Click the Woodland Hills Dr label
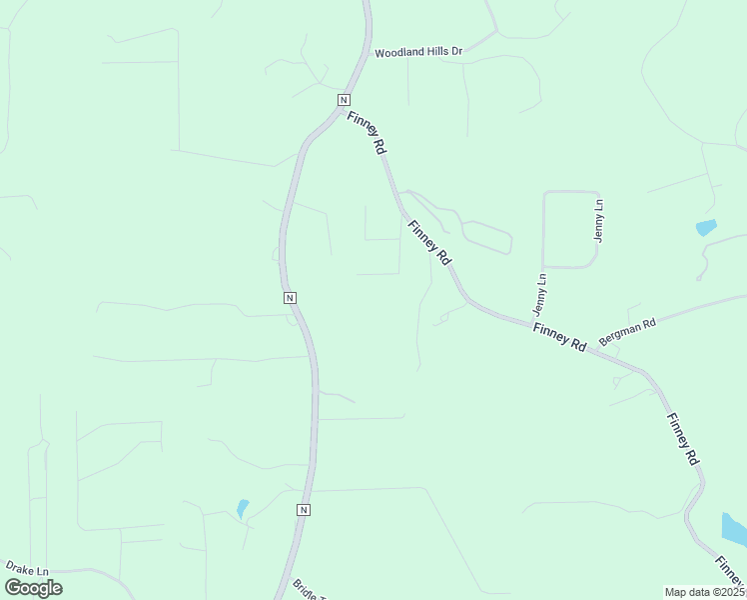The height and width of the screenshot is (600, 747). pyautogui.click(x=419, y=52)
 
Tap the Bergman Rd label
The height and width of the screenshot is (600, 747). pyautogui.click(x=627, y=332)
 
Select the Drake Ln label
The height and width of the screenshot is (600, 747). pyautogui.click(x=27, y=567)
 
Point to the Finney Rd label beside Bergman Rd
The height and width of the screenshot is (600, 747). pyautogui.click(x=559, y=336)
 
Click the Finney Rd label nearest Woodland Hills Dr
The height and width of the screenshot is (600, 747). pyautogui.click(x=367, y=132)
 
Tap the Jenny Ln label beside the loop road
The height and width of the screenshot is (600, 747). pyautogui.click(x=599, y=220)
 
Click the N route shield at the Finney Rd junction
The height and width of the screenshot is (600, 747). pyautogui.click(x=344, y=100)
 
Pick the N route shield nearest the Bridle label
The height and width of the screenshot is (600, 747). pyautogui.click(x=304, y=510)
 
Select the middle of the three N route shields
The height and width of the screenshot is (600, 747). pyautogui.click(x=289, y=298)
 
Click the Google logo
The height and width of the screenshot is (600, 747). pyautogui.click(x=33, y=588)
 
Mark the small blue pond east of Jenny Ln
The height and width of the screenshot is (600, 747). pyautogui.click(x=706, y=227)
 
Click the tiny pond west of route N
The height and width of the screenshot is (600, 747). pyautogui.click(x=242, y=508)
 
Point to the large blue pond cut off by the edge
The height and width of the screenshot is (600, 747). pyautogui.click(x=735, y=530)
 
